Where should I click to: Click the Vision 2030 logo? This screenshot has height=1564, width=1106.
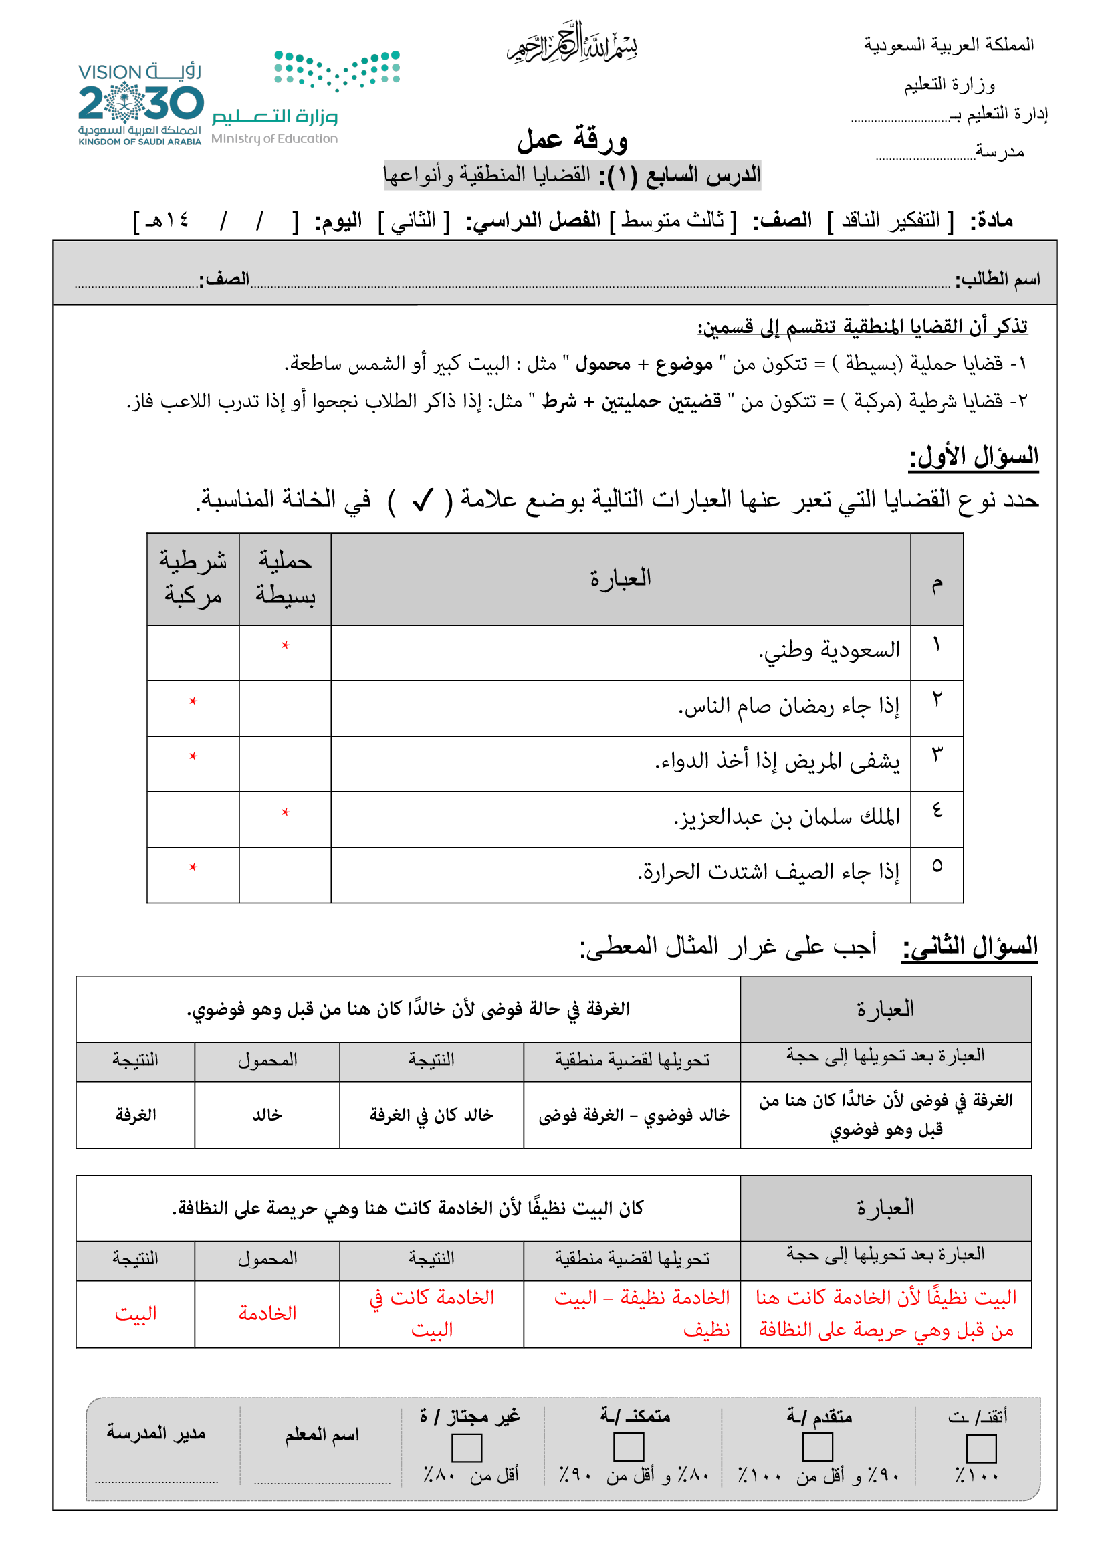tap(140, 104)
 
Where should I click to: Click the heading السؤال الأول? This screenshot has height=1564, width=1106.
tap(973, 457)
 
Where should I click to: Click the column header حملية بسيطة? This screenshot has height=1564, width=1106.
tap(285, 578)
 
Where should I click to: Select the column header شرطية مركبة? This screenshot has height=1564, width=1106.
tap(193, 578)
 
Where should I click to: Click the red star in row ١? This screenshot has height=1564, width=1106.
tap(286, 645)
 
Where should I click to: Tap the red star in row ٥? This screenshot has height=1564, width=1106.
tap(193, 867)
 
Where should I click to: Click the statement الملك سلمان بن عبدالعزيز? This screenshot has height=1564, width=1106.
tap(786, 816)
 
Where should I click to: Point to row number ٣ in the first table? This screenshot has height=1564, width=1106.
tap(937, 754)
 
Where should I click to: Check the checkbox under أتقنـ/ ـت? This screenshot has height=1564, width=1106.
tap(981, 1448)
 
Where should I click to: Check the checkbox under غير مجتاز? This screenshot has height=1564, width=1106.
tap(467, 1448)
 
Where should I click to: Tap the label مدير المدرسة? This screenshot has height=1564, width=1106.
tap(156, 1433)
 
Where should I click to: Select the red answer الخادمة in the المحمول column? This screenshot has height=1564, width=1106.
tap(267, 1313)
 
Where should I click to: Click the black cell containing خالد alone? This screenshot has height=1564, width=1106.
tap(267, 1115)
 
